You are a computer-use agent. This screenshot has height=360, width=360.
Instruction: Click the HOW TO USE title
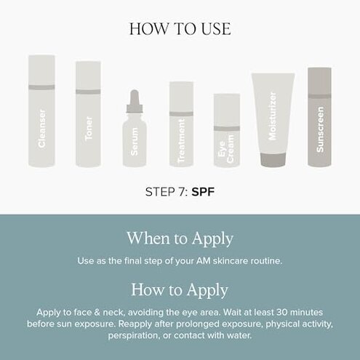pos(180,29)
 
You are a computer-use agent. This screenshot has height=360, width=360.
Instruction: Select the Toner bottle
pos(88,116)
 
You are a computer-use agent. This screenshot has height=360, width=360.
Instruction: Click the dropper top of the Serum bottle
pos(135,102)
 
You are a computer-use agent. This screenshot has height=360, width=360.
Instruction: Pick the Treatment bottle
pos(181,127)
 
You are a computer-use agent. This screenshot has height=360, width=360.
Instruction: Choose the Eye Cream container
pos(227,135)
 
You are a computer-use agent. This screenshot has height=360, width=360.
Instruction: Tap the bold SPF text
pos(205,194)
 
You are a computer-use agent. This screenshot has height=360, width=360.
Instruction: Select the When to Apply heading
pos(180,238)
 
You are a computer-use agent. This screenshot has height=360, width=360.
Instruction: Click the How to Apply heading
pos(180,289)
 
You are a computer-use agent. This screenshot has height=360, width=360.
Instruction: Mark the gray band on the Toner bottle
pos(88,92)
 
